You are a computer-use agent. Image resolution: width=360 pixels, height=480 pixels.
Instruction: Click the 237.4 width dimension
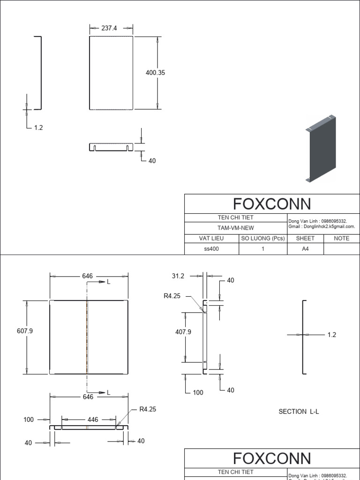tap(109, 28)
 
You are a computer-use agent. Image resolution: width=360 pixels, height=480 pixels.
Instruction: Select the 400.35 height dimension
tap(155, 73)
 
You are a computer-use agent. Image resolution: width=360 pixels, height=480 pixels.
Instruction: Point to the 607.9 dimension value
tap(25, 330)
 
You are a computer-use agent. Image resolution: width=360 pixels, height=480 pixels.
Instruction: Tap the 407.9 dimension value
tap(183, 331)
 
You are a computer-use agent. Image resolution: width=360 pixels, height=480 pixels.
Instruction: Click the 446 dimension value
tap(93, 420)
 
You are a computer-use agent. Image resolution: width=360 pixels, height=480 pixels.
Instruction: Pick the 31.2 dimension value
tap(178, 276)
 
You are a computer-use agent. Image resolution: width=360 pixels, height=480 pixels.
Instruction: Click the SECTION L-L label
tap(299, 412)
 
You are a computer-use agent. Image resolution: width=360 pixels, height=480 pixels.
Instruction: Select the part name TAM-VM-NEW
tap(236, 227)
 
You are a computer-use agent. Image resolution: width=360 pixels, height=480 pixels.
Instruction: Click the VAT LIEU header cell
tap(211, 238)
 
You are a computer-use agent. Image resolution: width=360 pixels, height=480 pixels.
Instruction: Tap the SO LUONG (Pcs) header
tap(263, 238)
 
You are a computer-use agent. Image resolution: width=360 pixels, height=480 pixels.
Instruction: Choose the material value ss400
tap(211, 249)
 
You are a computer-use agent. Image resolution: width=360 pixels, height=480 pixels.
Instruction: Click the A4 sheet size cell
tap(305, 249)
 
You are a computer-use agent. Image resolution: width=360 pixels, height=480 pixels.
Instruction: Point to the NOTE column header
tap(341, 238)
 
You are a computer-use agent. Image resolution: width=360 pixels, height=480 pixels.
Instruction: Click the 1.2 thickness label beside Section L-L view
tap(331, 335)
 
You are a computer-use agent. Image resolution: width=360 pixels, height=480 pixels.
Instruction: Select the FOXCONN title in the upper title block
tap(272, 204)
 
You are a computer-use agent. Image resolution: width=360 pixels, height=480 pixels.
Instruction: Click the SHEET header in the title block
tap(305, 238)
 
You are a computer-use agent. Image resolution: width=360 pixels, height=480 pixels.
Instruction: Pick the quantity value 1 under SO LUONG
tap(263, 249)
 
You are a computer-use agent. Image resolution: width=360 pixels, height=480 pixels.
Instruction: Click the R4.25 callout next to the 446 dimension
tap(148, 409)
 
